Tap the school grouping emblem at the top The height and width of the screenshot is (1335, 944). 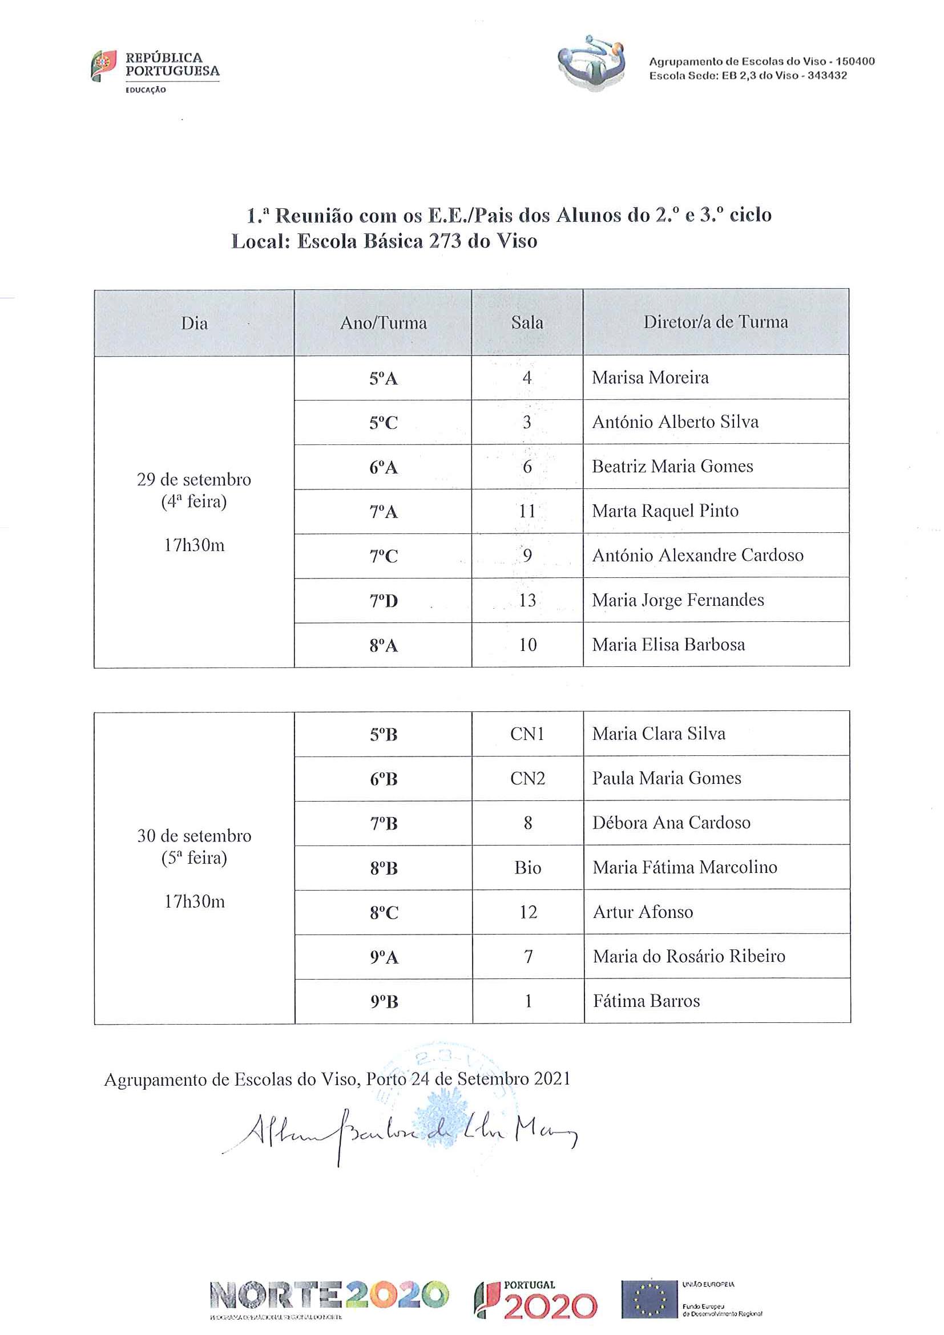pos(591,62)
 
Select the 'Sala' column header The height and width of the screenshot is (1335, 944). pos(527,323)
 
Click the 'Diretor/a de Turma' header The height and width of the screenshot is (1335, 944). pos(715,322)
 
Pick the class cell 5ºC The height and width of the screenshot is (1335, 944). pos(384,423)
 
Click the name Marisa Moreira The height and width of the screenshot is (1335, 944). pos(650,378)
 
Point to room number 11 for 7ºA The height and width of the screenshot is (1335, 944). pos(527,511)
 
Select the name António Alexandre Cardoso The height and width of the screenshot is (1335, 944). pos(697,555)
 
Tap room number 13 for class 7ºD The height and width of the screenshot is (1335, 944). pos(527,600)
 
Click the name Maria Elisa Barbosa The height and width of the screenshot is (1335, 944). pos(668,645)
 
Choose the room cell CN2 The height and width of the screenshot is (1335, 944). pos(527,779)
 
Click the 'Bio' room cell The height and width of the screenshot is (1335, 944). pos(527,868)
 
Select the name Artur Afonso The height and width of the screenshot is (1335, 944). pos(643,912)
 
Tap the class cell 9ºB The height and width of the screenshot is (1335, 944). pos(384,1002)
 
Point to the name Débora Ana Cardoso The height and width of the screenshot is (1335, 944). pos(671,823)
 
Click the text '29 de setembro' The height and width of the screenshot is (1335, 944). pos(193,480)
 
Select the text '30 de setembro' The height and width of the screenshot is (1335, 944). pos(194,836)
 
